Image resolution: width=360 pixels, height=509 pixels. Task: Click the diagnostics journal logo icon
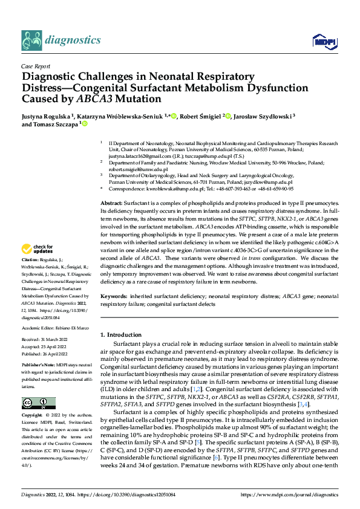31,40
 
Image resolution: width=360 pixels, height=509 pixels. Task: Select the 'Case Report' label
34,67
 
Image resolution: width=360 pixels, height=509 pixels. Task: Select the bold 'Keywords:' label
114,297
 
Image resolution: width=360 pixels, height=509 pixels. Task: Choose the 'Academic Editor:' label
41,327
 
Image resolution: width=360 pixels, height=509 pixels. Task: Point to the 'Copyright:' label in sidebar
33,416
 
